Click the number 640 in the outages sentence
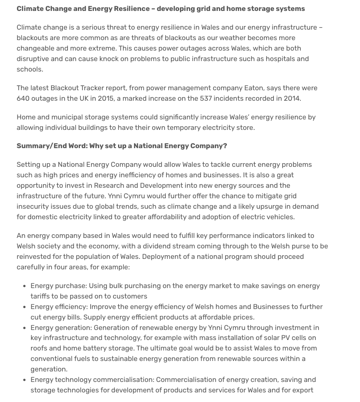(23, 98)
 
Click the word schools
(30, 69)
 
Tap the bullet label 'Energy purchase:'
(58, 286)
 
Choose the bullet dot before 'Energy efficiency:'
(24, 307)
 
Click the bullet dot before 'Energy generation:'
(24, 328)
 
